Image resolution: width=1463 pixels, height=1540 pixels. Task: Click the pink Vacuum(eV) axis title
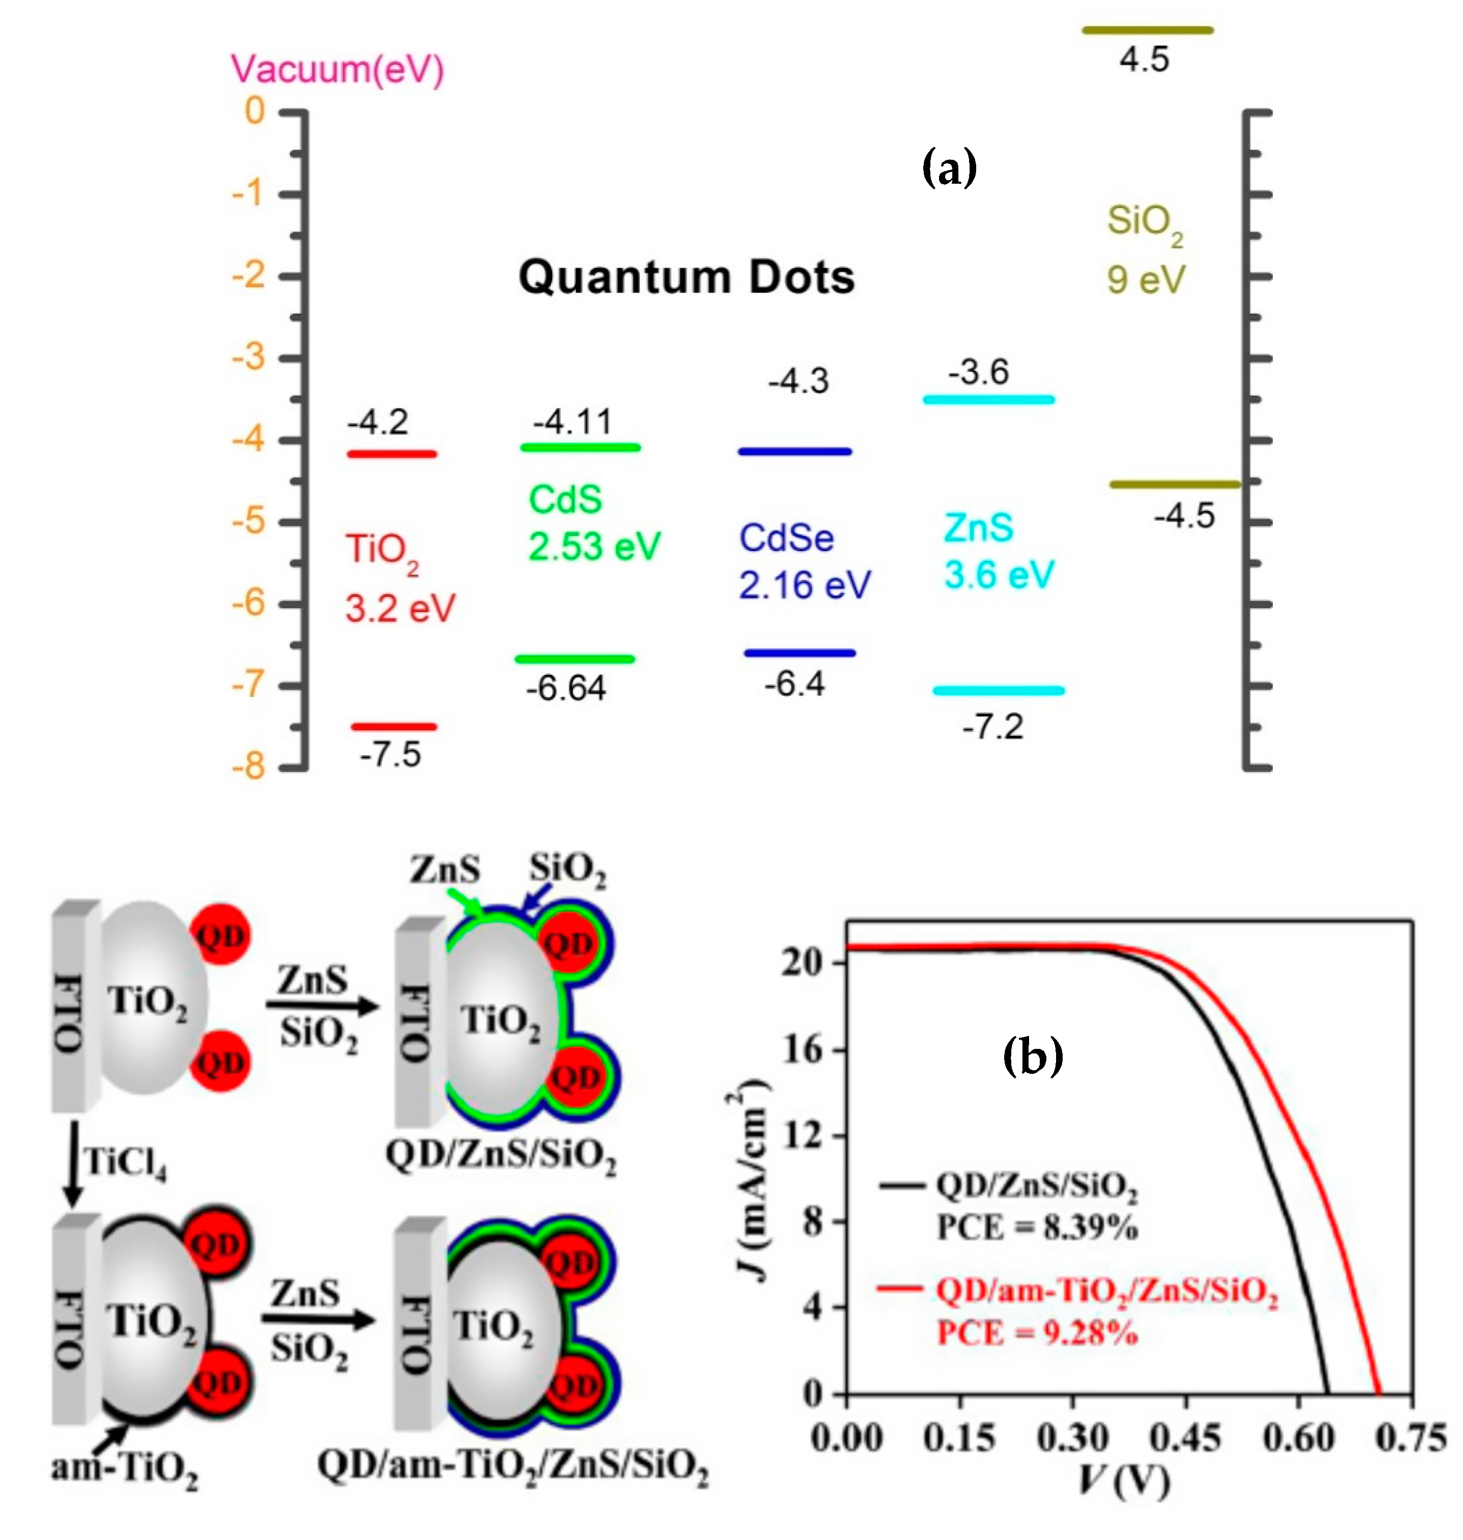tap(337, 69)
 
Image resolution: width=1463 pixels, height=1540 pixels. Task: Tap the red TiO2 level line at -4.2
tap(392, 453)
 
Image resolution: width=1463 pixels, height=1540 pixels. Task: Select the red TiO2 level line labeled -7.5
tap(394, 726)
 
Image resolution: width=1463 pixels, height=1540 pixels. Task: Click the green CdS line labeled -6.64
tap(575, 659)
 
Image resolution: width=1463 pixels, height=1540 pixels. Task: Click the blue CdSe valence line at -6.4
tap(799, 653)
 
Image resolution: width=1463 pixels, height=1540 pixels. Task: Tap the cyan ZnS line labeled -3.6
tap(988, 400)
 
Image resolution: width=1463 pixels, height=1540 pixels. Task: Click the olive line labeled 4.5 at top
tap(1147, 31)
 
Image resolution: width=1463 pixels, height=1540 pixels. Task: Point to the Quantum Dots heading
tap(686, 277)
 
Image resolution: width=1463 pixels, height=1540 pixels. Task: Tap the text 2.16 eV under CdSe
tap(804, 585)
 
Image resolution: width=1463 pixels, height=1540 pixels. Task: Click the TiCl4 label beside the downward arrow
tap(125, 1162)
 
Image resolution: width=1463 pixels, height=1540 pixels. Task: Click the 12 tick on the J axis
tap(803, 1134)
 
